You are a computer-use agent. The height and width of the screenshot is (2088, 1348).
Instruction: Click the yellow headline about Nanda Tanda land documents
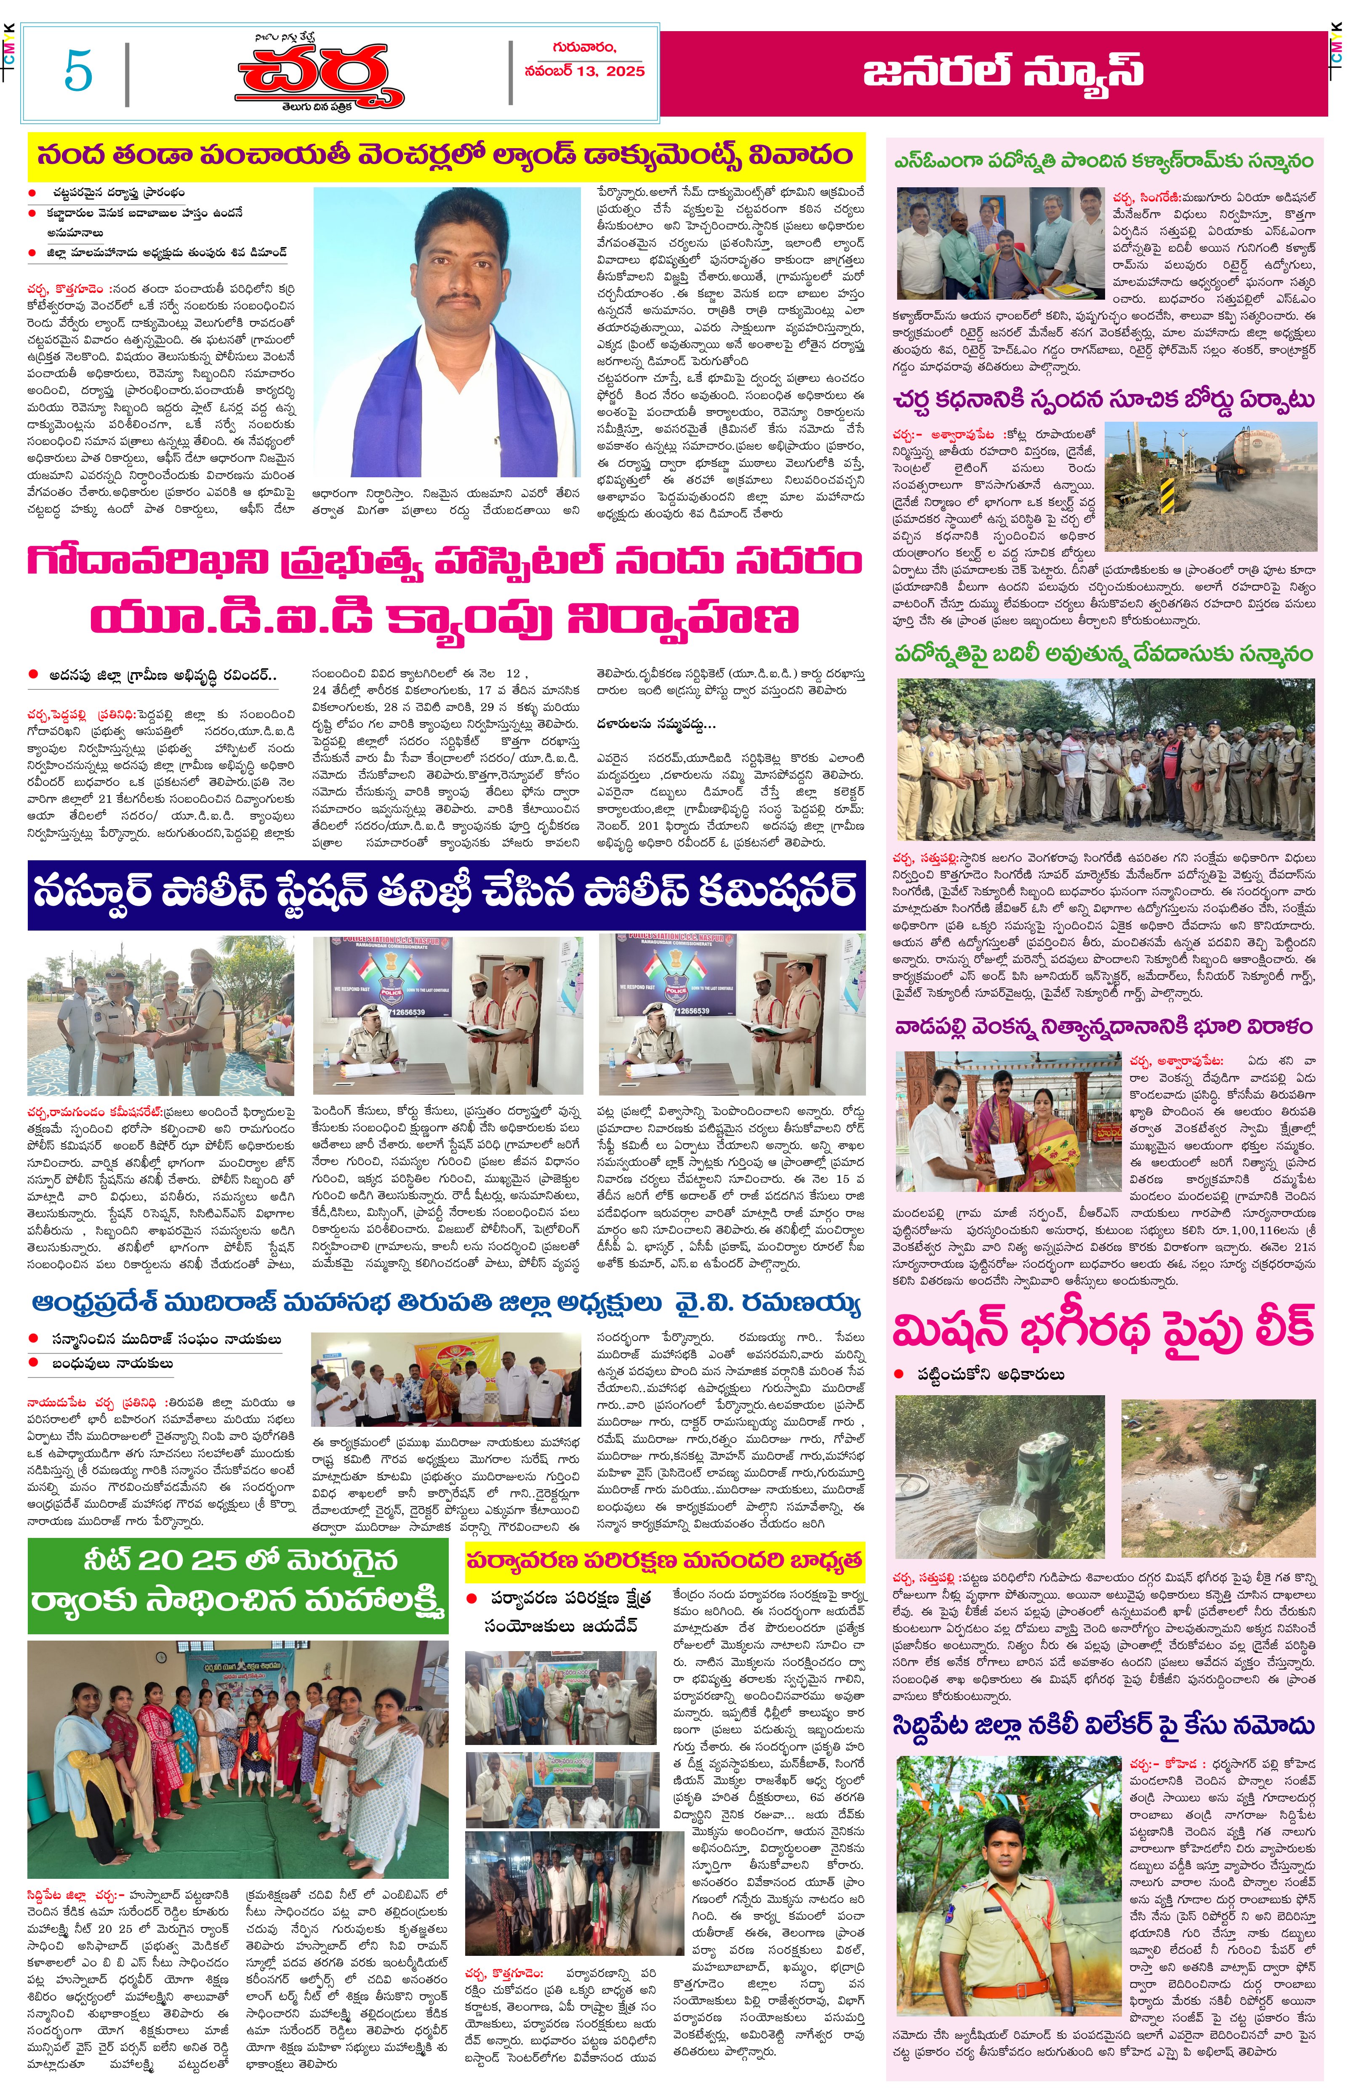[445, 156]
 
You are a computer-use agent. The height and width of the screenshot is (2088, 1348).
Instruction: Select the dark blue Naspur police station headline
[445, 893]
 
